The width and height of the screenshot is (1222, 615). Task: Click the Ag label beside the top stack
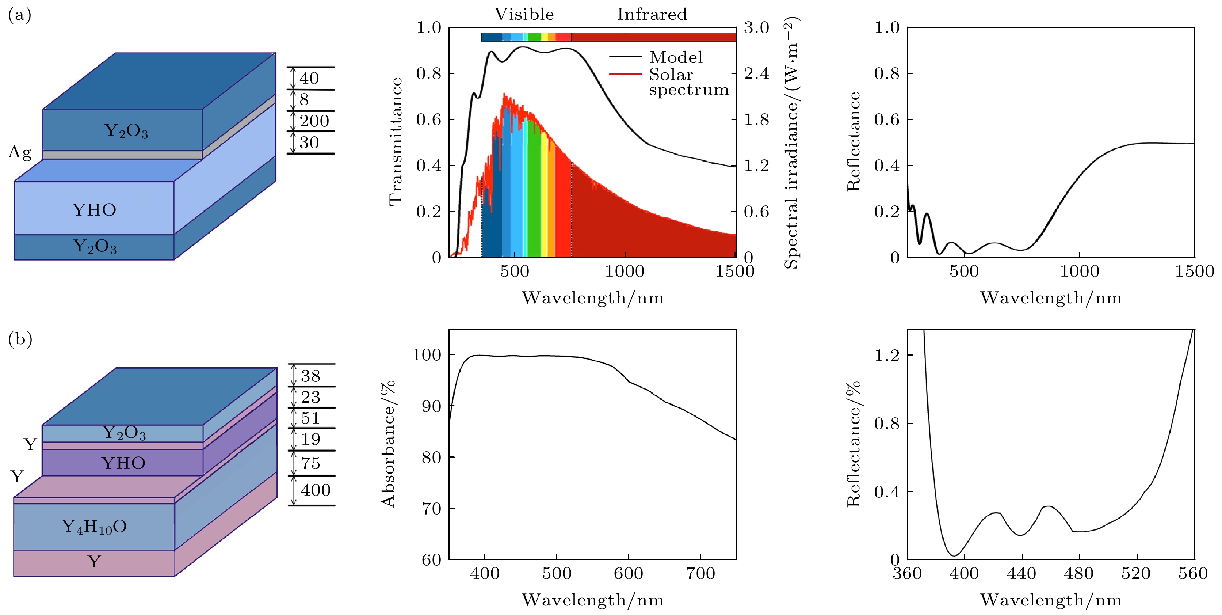point(19,152)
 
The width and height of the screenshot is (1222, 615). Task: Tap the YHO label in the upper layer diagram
point(94,210)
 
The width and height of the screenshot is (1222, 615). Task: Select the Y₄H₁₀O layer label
point(94,526)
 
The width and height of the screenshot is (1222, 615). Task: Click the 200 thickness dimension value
point(314,121)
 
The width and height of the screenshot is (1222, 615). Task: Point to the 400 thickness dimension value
point(316,490)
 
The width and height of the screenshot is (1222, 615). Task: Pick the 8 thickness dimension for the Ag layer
point(304,100)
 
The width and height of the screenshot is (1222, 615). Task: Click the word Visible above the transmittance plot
point(524,14)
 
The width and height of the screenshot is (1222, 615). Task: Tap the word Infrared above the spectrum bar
point(652,14)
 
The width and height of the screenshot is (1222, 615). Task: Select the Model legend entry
point(676,57)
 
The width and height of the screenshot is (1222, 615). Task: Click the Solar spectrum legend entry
point(688,82)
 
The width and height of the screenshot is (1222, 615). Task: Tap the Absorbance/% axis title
point(388,444)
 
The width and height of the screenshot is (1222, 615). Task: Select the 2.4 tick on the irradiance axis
point(756,73)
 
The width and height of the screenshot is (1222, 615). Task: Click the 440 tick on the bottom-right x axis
point(1021,574)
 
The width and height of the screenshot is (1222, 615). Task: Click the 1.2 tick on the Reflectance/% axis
point(887,355)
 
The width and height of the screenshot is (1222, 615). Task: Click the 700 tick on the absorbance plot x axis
point(700,574)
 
